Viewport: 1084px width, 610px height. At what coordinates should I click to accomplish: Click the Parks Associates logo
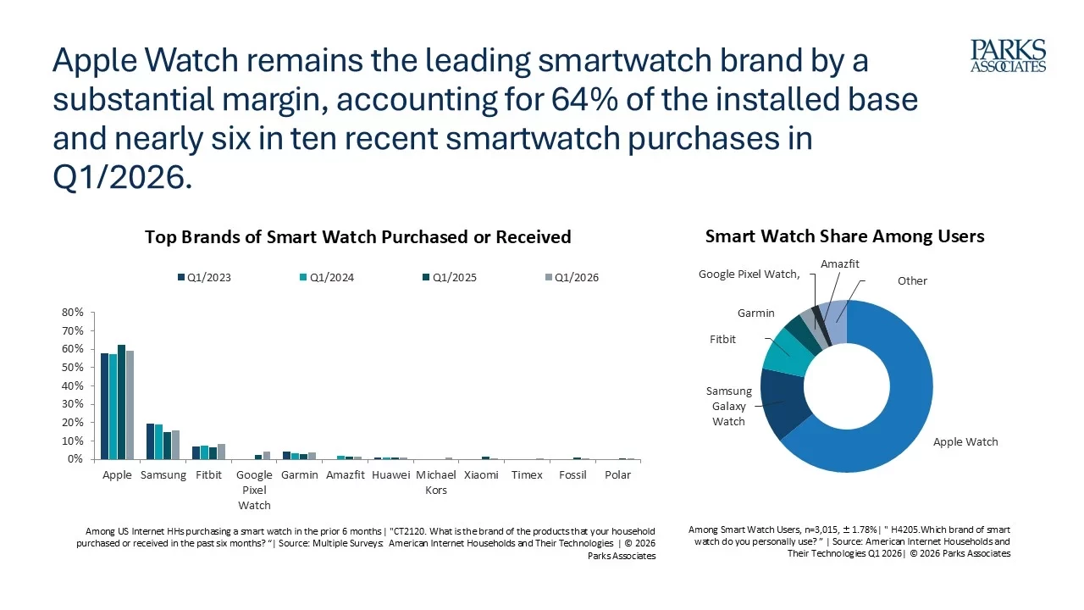pyautogui.click(x=1008, y=56)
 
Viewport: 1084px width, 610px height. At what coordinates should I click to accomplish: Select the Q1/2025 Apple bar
pyautogui.click(x=121, y=402)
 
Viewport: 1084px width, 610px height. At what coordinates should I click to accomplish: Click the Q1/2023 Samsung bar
pyautogui.click(x=150, y=441)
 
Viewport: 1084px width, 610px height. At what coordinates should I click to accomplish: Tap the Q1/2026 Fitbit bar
pyautogui.click(x=222, y=452)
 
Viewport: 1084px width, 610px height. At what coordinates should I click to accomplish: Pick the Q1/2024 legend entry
pyautogui.click(x=327, y=277)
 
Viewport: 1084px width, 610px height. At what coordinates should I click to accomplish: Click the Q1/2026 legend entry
pyautogui.click(x=572, y=277)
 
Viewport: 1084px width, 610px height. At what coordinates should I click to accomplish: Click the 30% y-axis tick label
pyautogui.click(x=73, y=404)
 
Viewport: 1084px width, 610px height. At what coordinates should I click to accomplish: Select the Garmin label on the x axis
pyautogui.click(x=300, y=475)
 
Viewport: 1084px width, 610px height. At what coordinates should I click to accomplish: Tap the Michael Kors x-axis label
pyautogui.click(x=436, y=482)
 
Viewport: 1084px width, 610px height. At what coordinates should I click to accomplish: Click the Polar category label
pyautogui.click(x=617, y=475)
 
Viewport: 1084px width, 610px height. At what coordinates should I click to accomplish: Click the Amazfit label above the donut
pyautogui.click(x=839, y=263)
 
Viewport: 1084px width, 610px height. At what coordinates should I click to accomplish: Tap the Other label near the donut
pyautogui.click(x=912, y=280)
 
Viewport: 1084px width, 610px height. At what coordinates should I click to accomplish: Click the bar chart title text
pyautogui.click(x=358, y=236)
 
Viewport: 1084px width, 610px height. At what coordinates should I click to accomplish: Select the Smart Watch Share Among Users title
pyautogui.click(x=844, y=236)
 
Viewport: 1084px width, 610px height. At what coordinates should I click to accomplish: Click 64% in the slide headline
pyautogui.click(x=584, y=99)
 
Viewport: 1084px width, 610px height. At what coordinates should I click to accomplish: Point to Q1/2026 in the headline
pyautogui.click(x=123, y=177)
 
